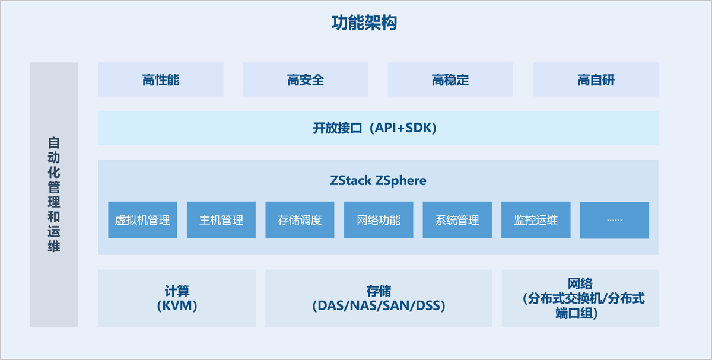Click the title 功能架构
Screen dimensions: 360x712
click(364, 23)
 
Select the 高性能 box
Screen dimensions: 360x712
click(161, 79)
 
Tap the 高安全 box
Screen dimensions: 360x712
click(305, 79)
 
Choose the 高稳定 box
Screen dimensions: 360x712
click(450, 79)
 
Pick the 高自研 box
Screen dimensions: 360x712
click(596, 79)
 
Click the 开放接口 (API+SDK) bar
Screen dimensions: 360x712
click(378, 128)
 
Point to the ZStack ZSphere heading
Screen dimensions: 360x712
click(378, 180)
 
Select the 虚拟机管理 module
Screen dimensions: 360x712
click(142, 220)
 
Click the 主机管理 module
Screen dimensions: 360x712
click(221, 220)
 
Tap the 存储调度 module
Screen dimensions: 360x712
click(300, 220)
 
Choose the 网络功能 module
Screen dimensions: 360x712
click(379, 220)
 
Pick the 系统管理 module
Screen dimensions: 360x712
click(457, 220)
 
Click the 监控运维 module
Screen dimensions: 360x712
click(536, 220)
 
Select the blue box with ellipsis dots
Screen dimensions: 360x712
click(614, 220)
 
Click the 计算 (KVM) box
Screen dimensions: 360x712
click(177, 298)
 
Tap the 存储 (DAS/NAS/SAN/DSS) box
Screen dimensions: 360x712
click(379, 298)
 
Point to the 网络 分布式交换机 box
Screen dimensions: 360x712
click(580, 298)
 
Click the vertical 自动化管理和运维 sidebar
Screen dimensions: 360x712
click(54, 195)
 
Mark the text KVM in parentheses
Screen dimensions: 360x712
click(177, 306)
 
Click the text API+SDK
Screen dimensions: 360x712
click(403, 128)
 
